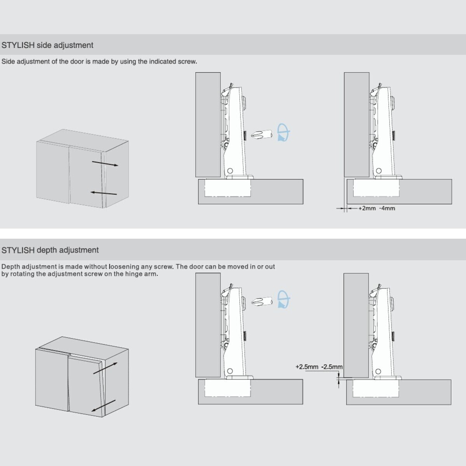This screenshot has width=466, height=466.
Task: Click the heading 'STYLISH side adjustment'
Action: coord(47,45)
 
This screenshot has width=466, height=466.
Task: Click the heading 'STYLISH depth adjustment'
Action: coord(50,250)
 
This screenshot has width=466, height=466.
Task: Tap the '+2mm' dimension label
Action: coord(367,208)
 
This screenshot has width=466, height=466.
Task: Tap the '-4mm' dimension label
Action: coord(387,208)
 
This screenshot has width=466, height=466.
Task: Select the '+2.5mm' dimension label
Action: coord(307,367)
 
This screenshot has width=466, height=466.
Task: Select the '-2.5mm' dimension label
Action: coord(332,367)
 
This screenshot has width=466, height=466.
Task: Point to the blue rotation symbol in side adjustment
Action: coord(283,132)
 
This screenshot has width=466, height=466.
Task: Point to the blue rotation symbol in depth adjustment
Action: coord(283,299)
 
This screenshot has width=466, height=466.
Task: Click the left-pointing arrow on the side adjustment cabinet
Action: coord(104,193)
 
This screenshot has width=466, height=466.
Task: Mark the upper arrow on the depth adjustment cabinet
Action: coord(105,368)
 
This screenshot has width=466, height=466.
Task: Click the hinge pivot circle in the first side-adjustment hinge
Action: coord(230,171)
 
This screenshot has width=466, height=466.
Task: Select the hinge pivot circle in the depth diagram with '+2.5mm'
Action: coord(379,372)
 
